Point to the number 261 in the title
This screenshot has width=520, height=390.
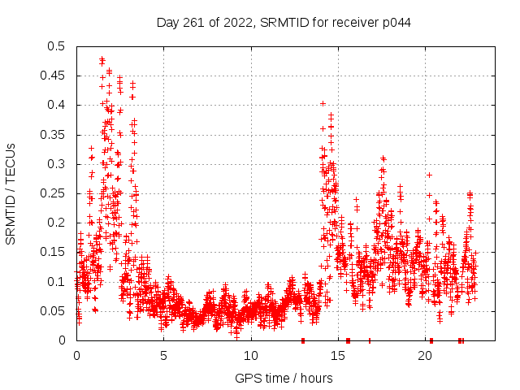tap(192, 23)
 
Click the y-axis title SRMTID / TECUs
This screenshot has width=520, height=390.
tap(11, 193)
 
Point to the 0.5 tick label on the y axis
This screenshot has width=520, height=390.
tap(55, 46)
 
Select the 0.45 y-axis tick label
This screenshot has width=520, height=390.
tap(52, 76)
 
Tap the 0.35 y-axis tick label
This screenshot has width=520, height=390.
tap(52, 134)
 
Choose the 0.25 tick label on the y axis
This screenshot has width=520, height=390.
tap(52, 193)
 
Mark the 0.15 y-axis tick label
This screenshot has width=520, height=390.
tap(52, 252)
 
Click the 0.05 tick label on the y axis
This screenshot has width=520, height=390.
tap(52, 310)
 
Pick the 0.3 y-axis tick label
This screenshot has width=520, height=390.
tap(55, 164)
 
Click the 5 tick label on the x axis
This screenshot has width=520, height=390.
tap(163, 356)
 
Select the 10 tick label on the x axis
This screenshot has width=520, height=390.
tap(250, 356)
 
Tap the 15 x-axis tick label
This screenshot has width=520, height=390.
tap(337, 356)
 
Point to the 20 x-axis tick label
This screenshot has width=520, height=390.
tap(424, 356)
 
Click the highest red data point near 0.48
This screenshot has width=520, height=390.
tap(102, 59)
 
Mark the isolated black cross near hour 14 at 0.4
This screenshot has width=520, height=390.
tap(323, 104)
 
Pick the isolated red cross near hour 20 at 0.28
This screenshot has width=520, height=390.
tap(429, 175)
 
